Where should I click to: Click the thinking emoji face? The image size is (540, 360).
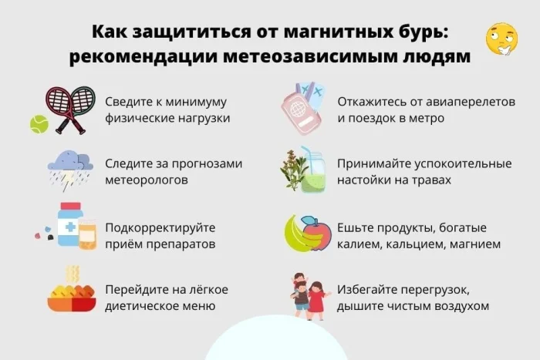click(501, 39)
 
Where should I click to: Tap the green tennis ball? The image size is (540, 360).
click(39, 124)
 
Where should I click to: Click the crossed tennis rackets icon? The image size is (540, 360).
click(71, 109)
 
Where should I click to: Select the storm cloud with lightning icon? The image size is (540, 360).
click(70, 170)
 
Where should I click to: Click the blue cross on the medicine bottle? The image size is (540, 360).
click(70, 227)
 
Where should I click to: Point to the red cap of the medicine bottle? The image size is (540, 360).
click(71, 206)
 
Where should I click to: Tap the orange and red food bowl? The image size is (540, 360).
click(72, 299)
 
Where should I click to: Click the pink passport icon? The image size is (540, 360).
click(300, 113)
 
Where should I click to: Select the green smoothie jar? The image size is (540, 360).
click(313, 171)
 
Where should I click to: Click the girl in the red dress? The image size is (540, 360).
click(316, 300)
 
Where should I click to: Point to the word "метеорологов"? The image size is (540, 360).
click(147, 180)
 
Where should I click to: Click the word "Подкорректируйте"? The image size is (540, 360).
click(160, 228)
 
